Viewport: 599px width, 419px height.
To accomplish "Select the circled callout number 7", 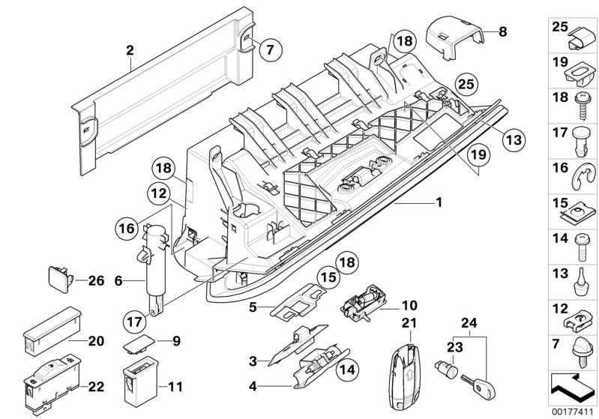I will (271, 49).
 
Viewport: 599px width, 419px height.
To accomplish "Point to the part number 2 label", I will (130, 50).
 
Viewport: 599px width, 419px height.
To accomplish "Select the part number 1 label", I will (439, 203).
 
